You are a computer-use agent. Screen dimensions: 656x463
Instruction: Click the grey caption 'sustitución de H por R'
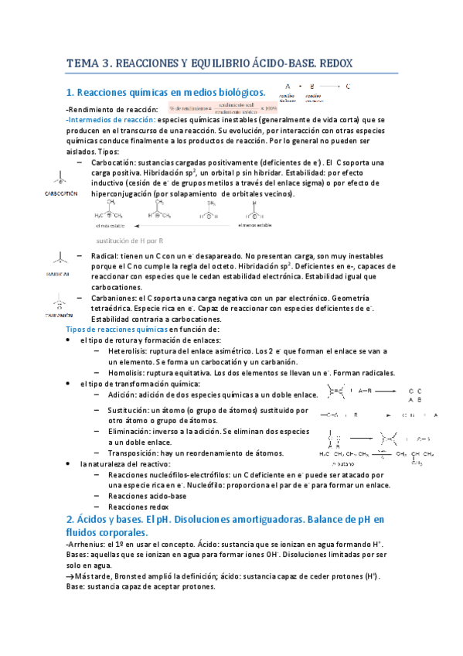coord(132,241)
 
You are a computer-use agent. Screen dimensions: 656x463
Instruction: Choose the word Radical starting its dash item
coord(104,256)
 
